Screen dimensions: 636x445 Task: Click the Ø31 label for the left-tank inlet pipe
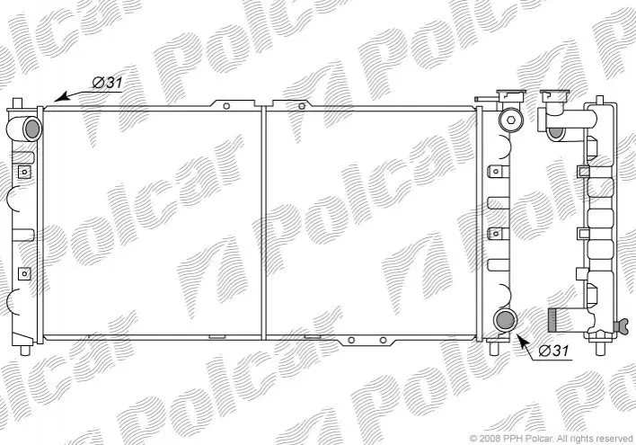coord(107,83)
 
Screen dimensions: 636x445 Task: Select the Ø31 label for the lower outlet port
coord(554,351)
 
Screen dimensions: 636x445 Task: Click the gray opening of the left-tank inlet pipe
coord(33,129)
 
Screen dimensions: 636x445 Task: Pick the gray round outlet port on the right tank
coord(506,320)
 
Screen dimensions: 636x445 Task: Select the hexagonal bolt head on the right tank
coord(510,120)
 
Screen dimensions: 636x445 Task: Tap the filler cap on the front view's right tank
coord(512,95)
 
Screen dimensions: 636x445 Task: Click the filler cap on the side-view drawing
coord(555,95)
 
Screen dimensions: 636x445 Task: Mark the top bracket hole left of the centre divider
coord(226,106)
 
